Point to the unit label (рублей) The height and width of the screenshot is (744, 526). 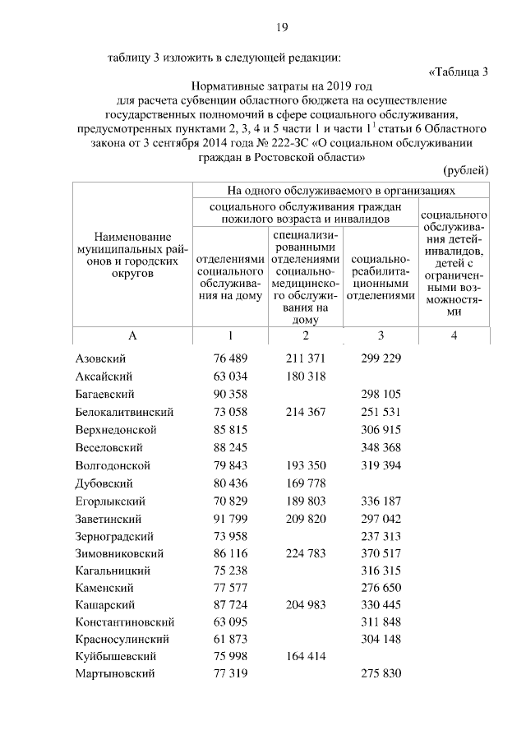[466, 170]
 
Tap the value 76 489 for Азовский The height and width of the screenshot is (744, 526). [230, 359]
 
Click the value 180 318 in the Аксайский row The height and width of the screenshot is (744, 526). [305, 377]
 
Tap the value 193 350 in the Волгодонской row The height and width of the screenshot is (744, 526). [305, 465]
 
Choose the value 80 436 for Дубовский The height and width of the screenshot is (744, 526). [230, 483]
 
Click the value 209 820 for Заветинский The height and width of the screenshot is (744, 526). [305, 519]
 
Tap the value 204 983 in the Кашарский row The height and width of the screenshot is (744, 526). [305, 607]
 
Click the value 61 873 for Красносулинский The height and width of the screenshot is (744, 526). [230, 642]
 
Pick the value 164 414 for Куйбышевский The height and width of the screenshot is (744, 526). [305, 660]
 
